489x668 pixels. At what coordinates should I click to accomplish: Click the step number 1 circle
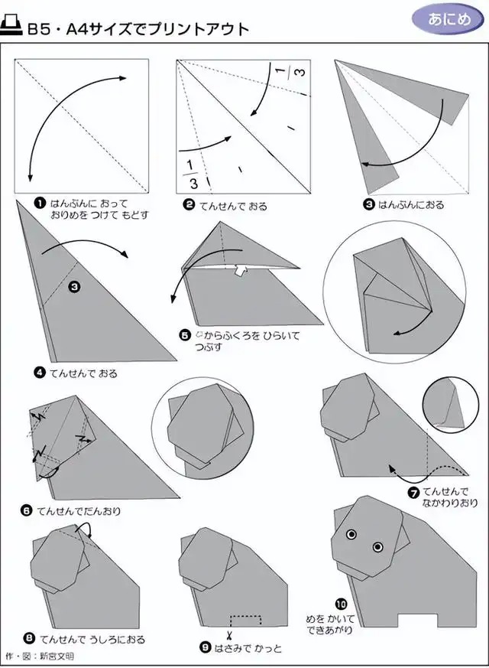click(x=40, y=204)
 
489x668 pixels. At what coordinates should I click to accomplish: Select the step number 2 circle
click(x=189, y=206)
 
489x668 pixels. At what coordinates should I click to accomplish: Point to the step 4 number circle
click(x=40, y=373)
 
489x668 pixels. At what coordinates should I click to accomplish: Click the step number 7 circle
click(x=414, y=494)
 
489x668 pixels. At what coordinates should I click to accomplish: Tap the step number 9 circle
click(x=206, y=648)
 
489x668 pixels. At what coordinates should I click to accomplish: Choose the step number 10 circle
click(x=342, y=604)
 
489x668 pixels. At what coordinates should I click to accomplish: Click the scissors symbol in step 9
click(x=228, y=636)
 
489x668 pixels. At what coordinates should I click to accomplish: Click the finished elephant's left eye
click(x=351, y=534)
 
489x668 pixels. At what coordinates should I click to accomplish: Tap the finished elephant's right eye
click(x=377, y=546)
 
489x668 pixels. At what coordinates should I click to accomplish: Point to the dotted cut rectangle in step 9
click(x=246, y=621)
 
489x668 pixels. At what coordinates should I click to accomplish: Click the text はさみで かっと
click(x=248, y=648)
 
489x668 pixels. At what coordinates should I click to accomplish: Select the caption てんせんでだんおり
click(x=79, y=511)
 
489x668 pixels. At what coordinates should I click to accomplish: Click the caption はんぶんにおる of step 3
click(x=411, y=205)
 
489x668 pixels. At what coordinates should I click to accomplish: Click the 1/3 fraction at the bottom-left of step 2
click(x=191, y=174)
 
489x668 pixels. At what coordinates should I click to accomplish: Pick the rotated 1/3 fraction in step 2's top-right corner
click(x=290, y=72)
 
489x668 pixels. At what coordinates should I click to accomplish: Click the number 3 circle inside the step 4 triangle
click(x=74, y=288)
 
